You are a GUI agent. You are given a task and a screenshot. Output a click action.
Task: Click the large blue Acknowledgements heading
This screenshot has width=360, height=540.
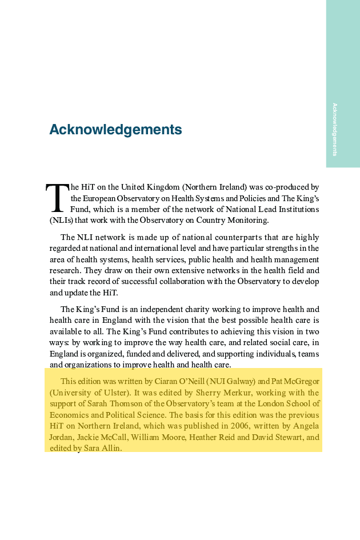[x=115, y=130]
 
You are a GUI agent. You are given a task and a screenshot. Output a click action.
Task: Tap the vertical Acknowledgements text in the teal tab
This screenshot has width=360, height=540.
[x=335, y=130]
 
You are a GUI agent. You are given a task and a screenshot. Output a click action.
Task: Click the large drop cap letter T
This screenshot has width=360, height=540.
[x=57, y=197]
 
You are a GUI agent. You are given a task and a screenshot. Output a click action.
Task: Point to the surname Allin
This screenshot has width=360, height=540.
[x=111, y=449]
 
